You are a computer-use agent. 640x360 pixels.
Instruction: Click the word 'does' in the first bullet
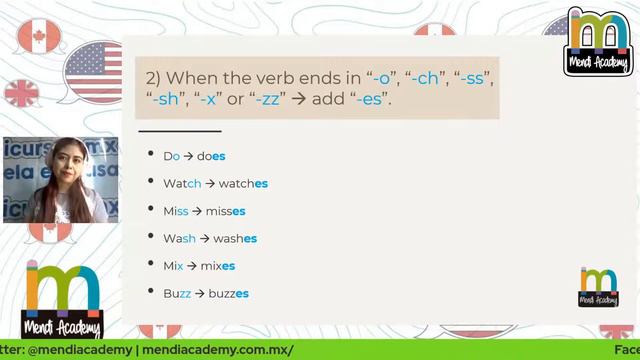pyautogui.click(x=212, y=156)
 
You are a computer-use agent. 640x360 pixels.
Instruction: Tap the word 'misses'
pyautogui.click(x=225, y=211)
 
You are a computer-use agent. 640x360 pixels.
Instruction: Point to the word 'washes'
pyautogui.click(x=235, y=239)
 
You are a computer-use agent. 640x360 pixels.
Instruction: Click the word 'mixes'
pyautogui.click(x=215, y=266)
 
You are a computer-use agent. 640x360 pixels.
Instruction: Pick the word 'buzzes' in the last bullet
pyautogui.click(x=229, y=294)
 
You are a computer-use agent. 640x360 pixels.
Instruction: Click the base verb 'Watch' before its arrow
pyautogui.click(x=182, y=184)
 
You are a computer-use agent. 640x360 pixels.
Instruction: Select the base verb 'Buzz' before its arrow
pyautogui.click(x=177, y=294)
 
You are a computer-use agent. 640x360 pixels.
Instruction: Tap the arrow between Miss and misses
pyautogui.click(x=197, y=211)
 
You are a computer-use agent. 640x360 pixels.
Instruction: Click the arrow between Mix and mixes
pyautogui.click(x=192, y=266)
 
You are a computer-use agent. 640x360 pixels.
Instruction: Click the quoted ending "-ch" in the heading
pyautogui.click(x=427, y=77)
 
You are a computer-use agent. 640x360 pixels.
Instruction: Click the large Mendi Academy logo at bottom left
pyautogui.click(x=63, y=298)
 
